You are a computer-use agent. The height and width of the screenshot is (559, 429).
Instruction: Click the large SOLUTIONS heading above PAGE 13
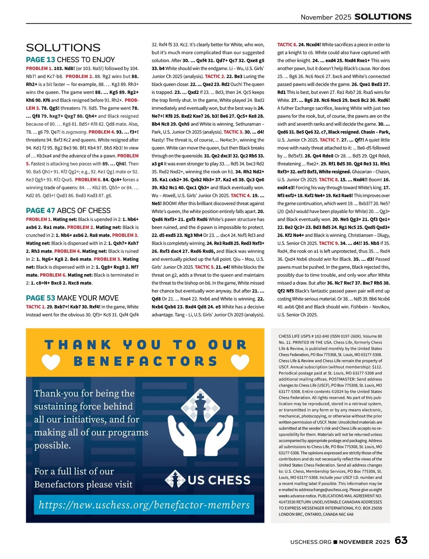pos(63,48)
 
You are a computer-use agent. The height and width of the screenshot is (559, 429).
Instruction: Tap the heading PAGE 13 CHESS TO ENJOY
pos(70,60)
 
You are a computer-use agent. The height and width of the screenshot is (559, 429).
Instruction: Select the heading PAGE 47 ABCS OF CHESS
pos(68,211)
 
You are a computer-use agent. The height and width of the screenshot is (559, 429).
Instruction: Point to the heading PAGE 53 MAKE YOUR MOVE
pos(72,298)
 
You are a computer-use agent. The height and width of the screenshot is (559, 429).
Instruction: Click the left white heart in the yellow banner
pos(51,362)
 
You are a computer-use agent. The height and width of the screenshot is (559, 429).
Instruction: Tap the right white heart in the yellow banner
pos(240,362)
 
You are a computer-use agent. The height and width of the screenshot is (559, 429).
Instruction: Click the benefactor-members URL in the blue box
pos(144,505)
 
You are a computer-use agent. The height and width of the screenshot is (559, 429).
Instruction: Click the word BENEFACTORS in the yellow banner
pos(146,361)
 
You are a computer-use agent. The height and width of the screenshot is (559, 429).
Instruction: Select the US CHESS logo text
pos(219,480)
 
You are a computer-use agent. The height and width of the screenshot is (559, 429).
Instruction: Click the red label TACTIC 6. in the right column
pos(287,45)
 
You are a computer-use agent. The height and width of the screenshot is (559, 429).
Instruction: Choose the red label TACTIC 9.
pos(329,243)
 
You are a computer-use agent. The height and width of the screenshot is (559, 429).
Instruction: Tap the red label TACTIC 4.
pos(241,196)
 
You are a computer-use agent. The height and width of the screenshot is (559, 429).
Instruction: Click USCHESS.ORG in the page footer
pos(311,542)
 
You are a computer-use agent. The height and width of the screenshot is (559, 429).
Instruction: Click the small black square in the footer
pos(335,542)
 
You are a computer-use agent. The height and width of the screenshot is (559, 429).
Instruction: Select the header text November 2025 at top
pos(326,17)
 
